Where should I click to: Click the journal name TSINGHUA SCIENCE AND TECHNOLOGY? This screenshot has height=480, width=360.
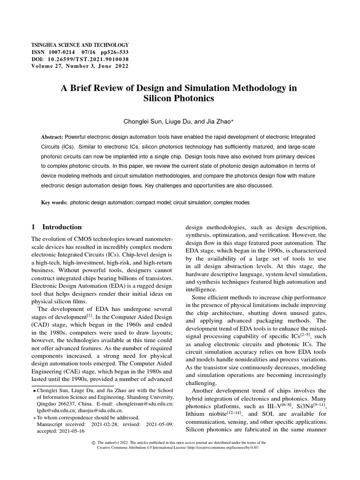click(79, 44)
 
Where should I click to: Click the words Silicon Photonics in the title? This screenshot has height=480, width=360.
click(180, 98)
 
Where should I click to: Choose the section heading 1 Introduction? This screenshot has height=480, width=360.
click(56, 227)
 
